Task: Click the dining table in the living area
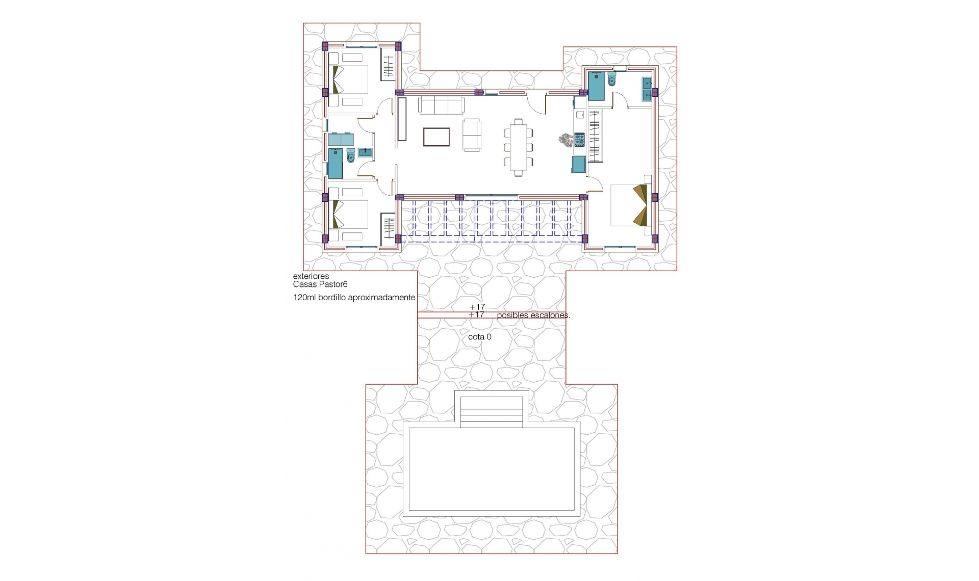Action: pos(518,147)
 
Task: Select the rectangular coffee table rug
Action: pos(436,137)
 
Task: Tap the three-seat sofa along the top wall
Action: pos(441,105)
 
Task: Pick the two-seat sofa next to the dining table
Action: pos(472,135)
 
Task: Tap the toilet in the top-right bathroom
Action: pos(612,79)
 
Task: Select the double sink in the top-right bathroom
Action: pos(647,88)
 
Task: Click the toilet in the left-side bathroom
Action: pos(350,155)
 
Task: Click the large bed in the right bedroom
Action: pos(630,205)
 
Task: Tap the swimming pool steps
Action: pos(492,411)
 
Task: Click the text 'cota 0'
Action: pos(479,337)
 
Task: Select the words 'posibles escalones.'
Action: pos(533,315)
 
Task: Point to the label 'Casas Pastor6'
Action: pos(320,284)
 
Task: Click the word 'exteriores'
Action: pos(311,276)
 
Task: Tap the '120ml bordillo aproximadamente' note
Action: pos(354,298)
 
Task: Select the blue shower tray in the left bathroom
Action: pos(334,165)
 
